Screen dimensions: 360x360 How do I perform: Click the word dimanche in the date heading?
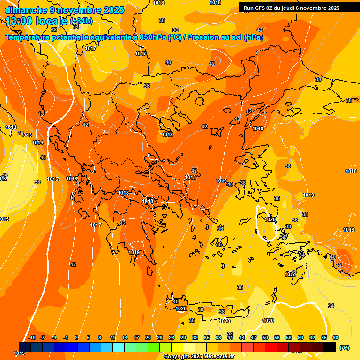26,10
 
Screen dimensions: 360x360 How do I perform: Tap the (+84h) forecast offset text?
81,21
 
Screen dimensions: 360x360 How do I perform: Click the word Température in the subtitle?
27,37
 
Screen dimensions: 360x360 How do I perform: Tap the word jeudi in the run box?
290,8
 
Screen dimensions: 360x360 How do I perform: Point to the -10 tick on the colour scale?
32,338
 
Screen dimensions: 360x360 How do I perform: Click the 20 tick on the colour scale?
148,338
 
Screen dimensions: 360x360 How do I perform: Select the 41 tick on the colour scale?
230,338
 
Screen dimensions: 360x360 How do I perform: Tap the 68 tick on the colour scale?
336,338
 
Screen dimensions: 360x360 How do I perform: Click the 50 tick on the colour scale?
265,338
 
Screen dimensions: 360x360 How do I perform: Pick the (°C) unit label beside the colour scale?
345,348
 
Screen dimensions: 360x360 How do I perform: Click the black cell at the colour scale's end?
330,347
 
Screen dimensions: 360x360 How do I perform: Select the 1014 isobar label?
37,143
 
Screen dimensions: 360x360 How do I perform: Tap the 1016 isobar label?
72,179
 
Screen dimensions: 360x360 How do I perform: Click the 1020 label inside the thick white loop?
270,219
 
